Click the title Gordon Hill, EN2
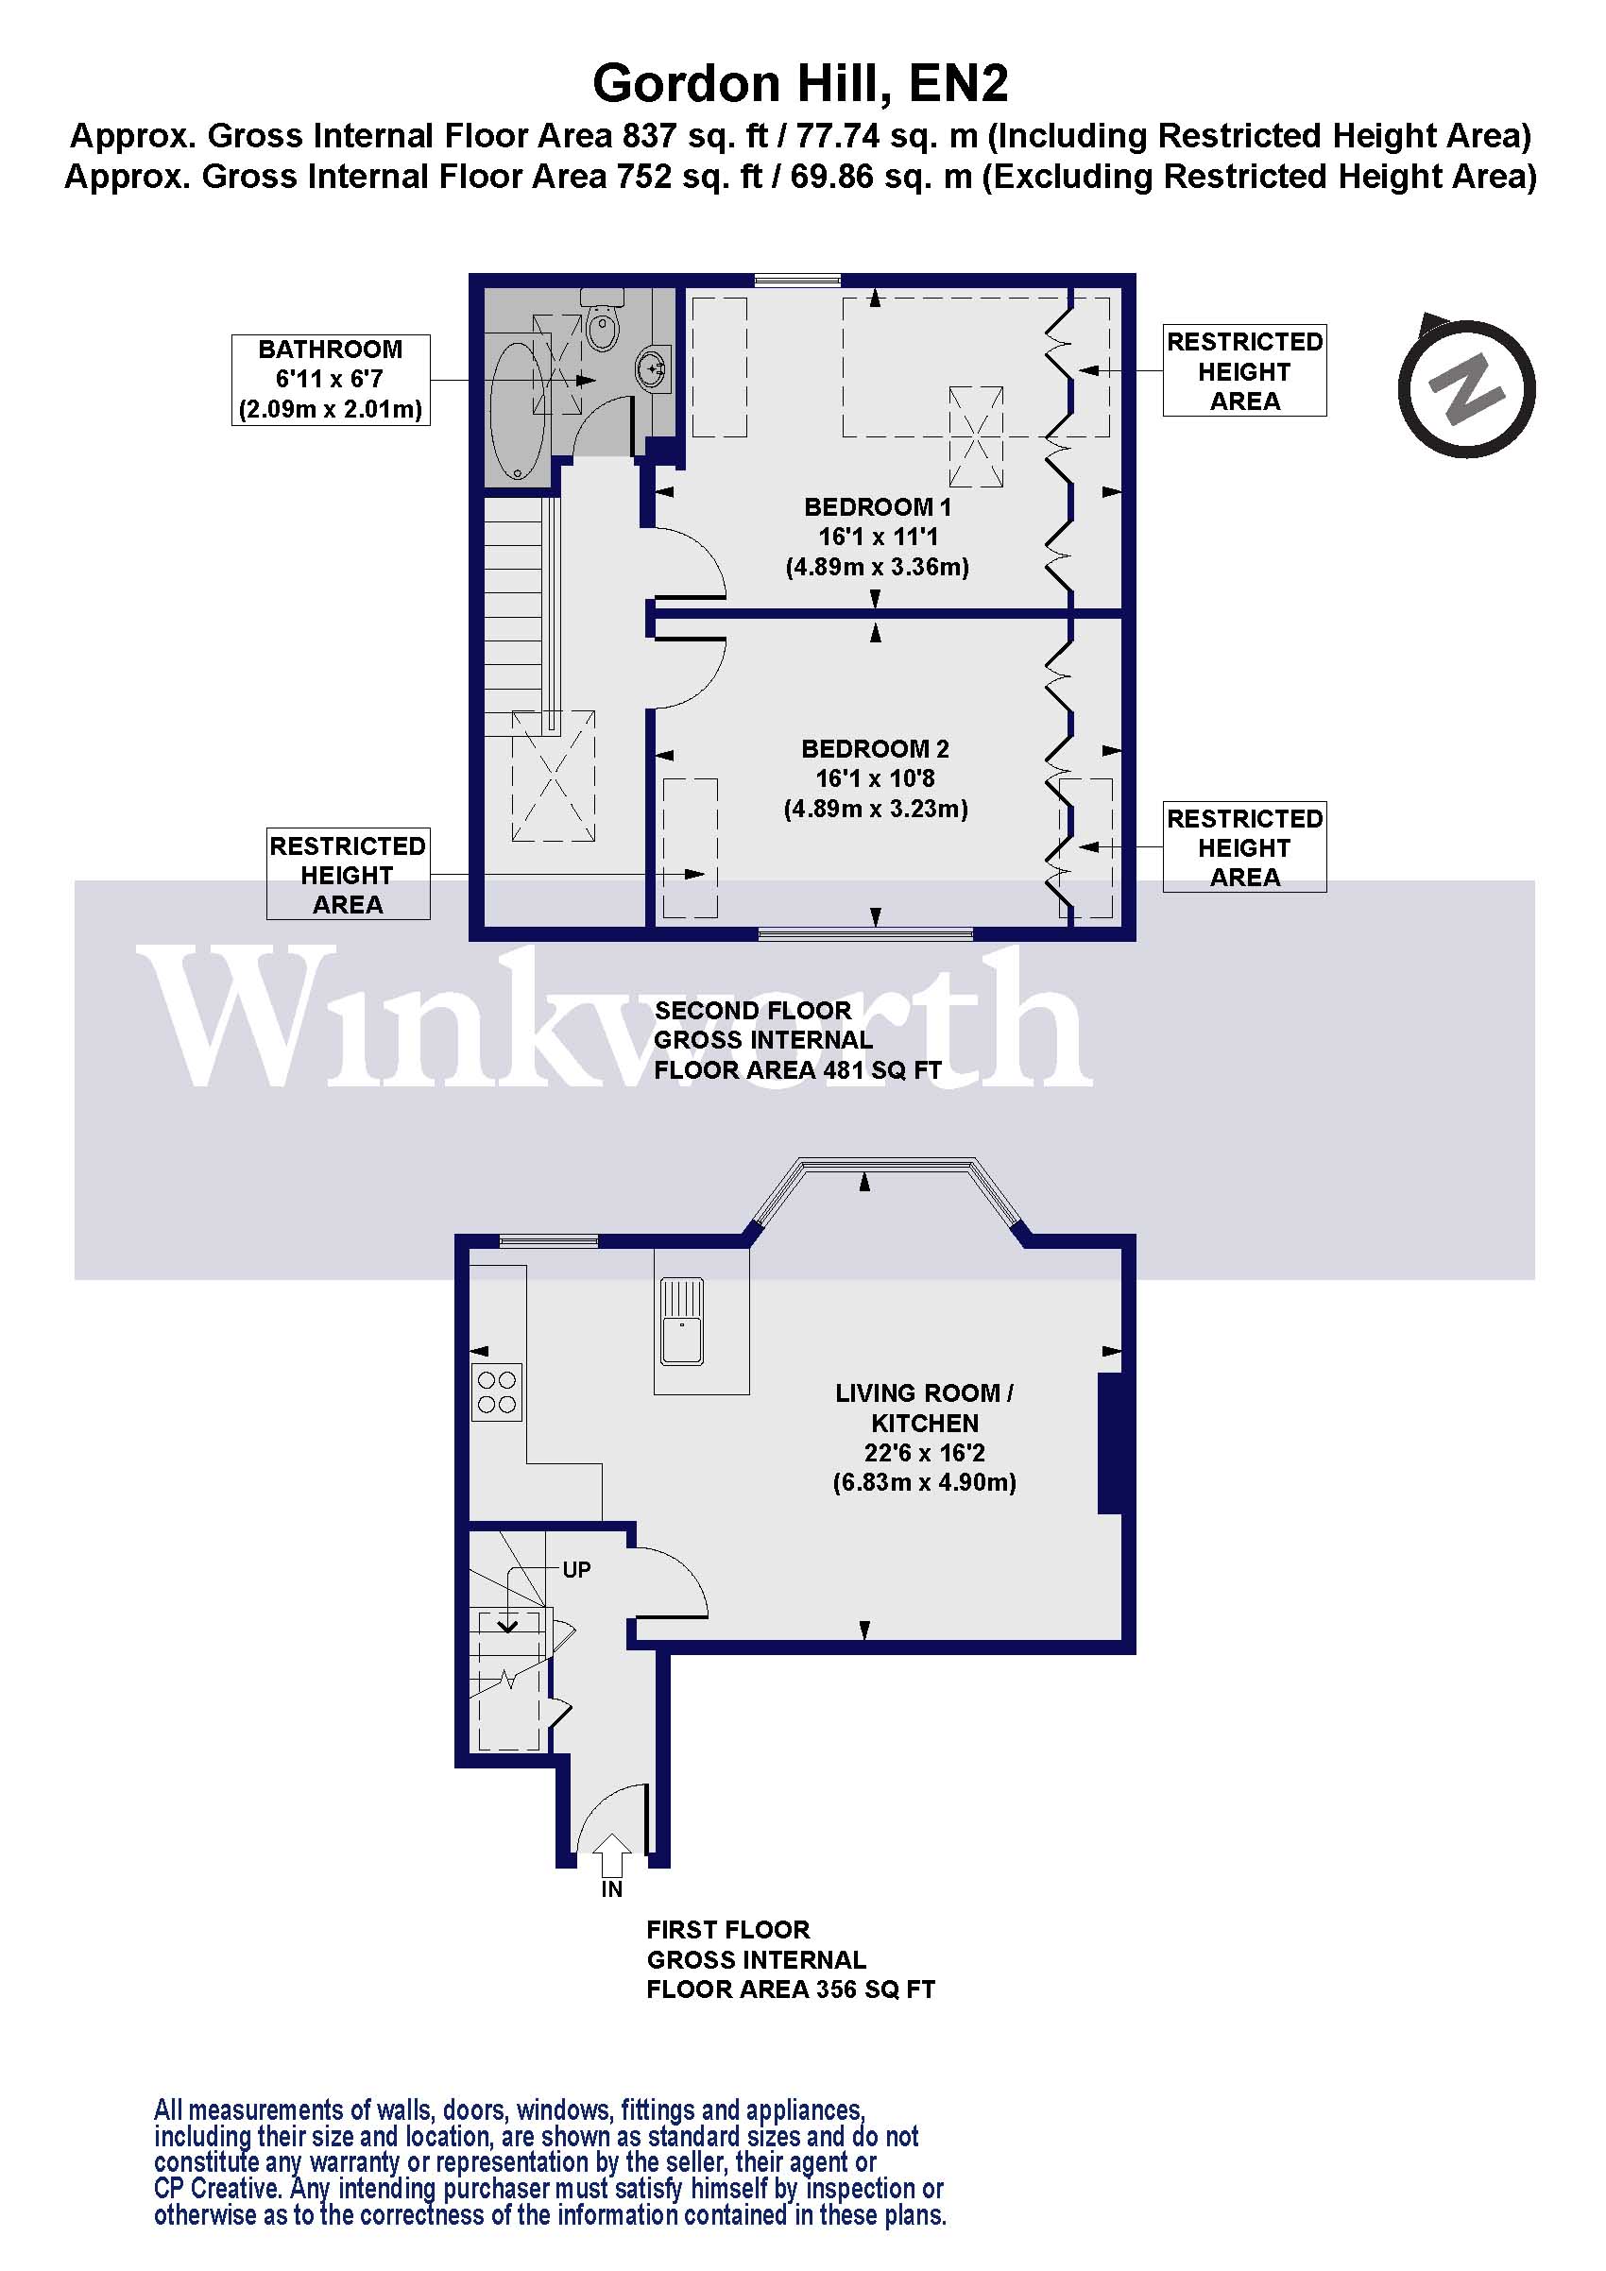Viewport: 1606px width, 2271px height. [800, 83]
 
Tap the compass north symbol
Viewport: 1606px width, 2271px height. [1465, 387]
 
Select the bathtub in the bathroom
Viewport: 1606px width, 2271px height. [516, 411]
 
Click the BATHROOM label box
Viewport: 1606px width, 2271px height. [331, 380]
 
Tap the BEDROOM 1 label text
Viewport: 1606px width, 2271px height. [878, 507]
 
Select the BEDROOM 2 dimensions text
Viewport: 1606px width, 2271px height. [875, 794]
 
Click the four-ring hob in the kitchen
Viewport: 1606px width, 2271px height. [496, 1392]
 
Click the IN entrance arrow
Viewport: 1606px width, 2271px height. [612, 1855]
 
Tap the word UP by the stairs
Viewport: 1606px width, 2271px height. [576, 1570]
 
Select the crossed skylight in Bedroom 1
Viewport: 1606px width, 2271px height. [976, 436]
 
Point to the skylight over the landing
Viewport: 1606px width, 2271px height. [553, 776]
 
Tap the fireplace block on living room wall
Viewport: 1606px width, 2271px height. [1111, 1443]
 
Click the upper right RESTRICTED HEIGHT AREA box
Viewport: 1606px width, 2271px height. [1244, 371]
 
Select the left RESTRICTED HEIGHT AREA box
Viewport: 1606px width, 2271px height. [347, 875]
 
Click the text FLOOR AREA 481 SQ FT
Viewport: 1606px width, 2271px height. [797, 1070]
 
